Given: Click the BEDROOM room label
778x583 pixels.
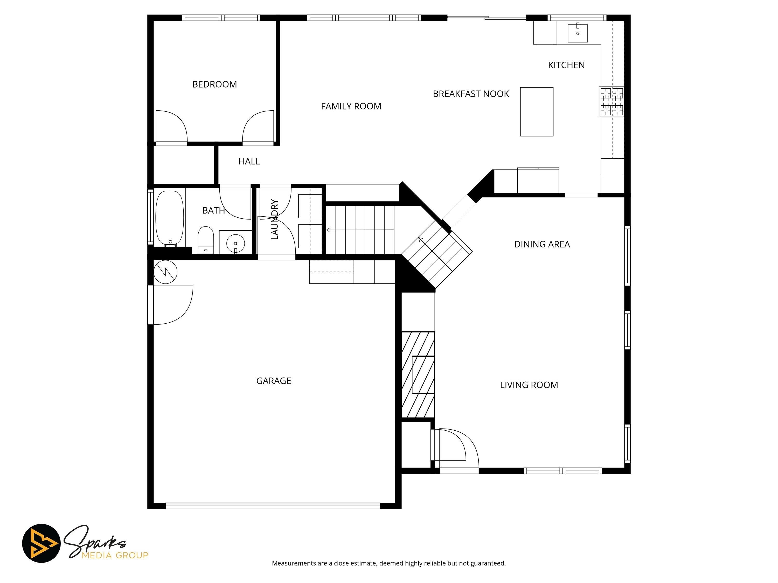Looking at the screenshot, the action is [x=214, y=84].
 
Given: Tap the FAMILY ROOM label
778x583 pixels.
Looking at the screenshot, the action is [x=351, y=106].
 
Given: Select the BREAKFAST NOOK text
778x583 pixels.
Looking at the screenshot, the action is [x=471, y=94].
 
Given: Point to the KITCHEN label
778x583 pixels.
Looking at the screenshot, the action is [x=566, y=65].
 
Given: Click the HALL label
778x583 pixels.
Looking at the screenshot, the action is [x=249, y=161].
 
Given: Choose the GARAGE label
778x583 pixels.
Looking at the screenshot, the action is [x=274, y=381].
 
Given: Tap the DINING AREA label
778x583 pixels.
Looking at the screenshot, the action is [x=542, y=244].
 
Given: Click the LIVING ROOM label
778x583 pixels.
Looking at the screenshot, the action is [x=529, y=385].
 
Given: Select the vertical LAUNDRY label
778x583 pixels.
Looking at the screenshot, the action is [x=275, y=219].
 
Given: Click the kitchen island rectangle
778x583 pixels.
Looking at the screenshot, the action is [x=537, y=112].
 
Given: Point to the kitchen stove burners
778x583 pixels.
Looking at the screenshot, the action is [x=612, y=102].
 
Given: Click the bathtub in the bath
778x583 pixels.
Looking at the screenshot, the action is [x=170, y=218].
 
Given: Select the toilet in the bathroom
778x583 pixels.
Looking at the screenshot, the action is [x=206, y=240].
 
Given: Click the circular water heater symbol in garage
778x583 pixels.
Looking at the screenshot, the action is [x=165, y=272].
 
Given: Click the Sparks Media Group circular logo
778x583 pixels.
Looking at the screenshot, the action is [x=41, y=543].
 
